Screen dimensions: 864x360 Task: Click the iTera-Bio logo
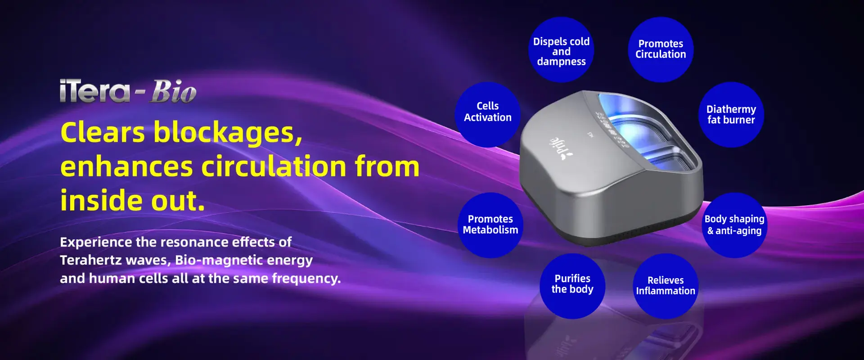(128, 91)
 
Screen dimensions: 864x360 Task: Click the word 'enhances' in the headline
(127, 166)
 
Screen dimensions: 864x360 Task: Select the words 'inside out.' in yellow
(133, 200)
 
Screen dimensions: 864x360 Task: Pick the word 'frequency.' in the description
(306, 279)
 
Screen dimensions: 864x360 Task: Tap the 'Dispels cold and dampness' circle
(561, 49)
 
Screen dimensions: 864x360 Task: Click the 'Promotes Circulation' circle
(661, 49)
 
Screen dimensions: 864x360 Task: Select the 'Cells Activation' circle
(488, 114)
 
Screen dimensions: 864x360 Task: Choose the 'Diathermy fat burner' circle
(731, 114)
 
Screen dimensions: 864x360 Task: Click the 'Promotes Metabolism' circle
(490, 225)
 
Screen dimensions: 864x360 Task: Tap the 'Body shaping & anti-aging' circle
(735, 225)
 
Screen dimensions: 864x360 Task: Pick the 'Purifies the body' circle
(572, 286)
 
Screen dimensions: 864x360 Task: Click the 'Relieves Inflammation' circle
(666, 286)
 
